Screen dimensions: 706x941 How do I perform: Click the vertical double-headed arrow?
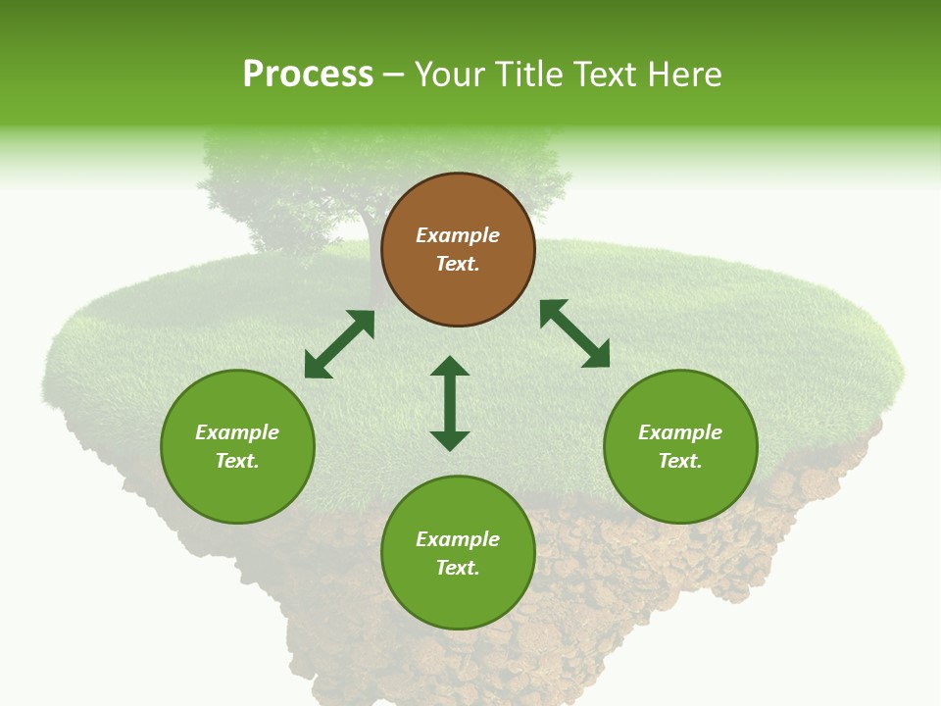[450, 403]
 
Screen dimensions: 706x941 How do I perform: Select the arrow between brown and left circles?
[339, 344]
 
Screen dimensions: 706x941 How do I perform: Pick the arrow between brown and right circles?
[574, 334]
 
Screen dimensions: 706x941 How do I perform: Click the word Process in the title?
[308, 75]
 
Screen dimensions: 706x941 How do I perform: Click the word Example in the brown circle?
[458, 235]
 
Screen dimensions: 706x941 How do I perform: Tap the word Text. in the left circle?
[237, 461]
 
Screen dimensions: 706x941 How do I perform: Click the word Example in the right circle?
[680, 432]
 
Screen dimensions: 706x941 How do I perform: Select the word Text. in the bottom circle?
[458, 568]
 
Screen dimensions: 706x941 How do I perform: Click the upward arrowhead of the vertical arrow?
[450, 367]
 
